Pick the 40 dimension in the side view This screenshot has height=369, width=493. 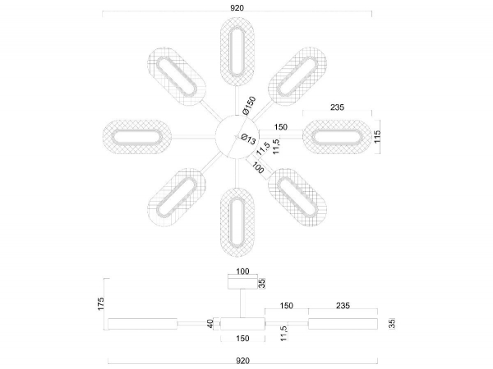click(x=210, y=324)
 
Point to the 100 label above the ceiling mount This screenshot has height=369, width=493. click(x=242, y=271)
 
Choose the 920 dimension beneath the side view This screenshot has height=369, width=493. click(x=242, y=360)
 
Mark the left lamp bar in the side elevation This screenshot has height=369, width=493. click(x=145, y=324)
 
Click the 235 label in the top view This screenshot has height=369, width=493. click(x=337, y=107)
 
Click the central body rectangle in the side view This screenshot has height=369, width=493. click(x=242, y=324)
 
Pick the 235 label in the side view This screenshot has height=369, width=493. click(x=343, y=306)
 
